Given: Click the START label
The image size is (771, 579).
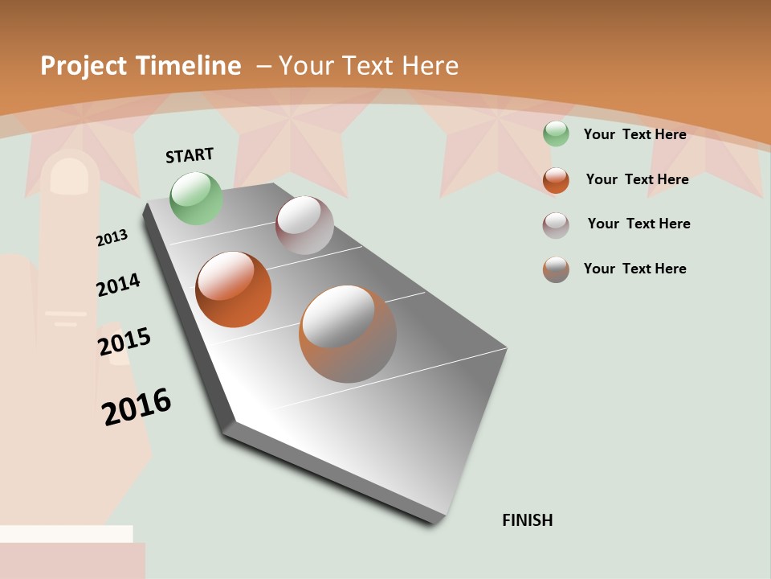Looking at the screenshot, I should tap(190, 155).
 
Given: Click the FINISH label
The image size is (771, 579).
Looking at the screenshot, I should tap(527, 520).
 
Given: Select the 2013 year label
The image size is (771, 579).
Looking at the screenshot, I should tap(112, 237).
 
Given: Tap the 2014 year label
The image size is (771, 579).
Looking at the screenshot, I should tap(118, 285).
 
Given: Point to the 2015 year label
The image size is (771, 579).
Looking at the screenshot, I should tap(124, 341).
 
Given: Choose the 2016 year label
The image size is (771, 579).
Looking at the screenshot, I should tap(137, 407).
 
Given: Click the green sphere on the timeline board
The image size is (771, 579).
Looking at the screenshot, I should tap(196, 198).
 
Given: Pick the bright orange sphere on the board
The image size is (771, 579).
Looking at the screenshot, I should tap(233, 289).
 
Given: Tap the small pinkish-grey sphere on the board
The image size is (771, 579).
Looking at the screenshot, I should tap(304, 225).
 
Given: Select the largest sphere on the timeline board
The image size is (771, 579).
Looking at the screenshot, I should tap(348, 334).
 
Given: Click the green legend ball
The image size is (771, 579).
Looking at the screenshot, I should tap(556, 133).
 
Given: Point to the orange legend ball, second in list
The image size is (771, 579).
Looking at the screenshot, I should tap(556, 180).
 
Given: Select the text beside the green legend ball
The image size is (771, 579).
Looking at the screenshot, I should tap(634, 134).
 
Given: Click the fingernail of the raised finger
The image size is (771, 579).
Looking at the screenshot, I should tap(68, 175).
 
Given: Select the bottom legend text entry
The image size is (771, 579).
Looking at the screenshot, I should tap(634, 269).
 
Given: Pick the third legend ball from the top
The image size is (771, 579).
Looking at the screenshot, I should tap(556, 225).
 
